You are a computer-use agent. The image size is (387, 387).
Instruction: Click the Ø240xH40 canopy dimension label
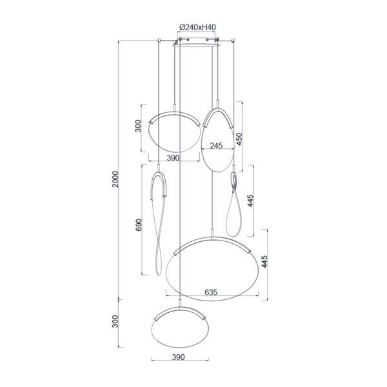[197, 27]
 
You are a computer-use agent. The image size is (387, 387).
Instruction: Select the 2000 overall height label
[115, 179]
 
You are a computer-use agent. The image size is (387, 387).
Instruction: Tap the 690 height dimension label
[139, 225]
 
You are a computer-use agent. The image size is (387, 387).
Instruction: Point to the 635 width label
[211, 292]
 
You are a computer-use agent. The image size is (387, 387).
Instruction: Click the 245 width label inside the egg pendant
[216, 146]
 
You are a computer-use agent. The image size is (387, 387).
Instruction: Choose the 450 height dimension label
[239, 139]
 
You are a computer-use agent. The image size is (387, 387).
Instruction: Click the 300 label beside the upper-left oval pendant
[138, 126]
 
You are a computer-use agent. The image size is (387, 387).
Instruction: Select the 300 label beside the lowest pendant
[115, 321]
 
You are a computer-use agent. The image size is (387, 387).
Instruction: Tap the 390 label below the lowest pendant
[178, 357]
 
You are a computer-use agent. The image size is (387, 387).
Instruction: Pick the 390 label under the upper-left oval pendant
[173, 158]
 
